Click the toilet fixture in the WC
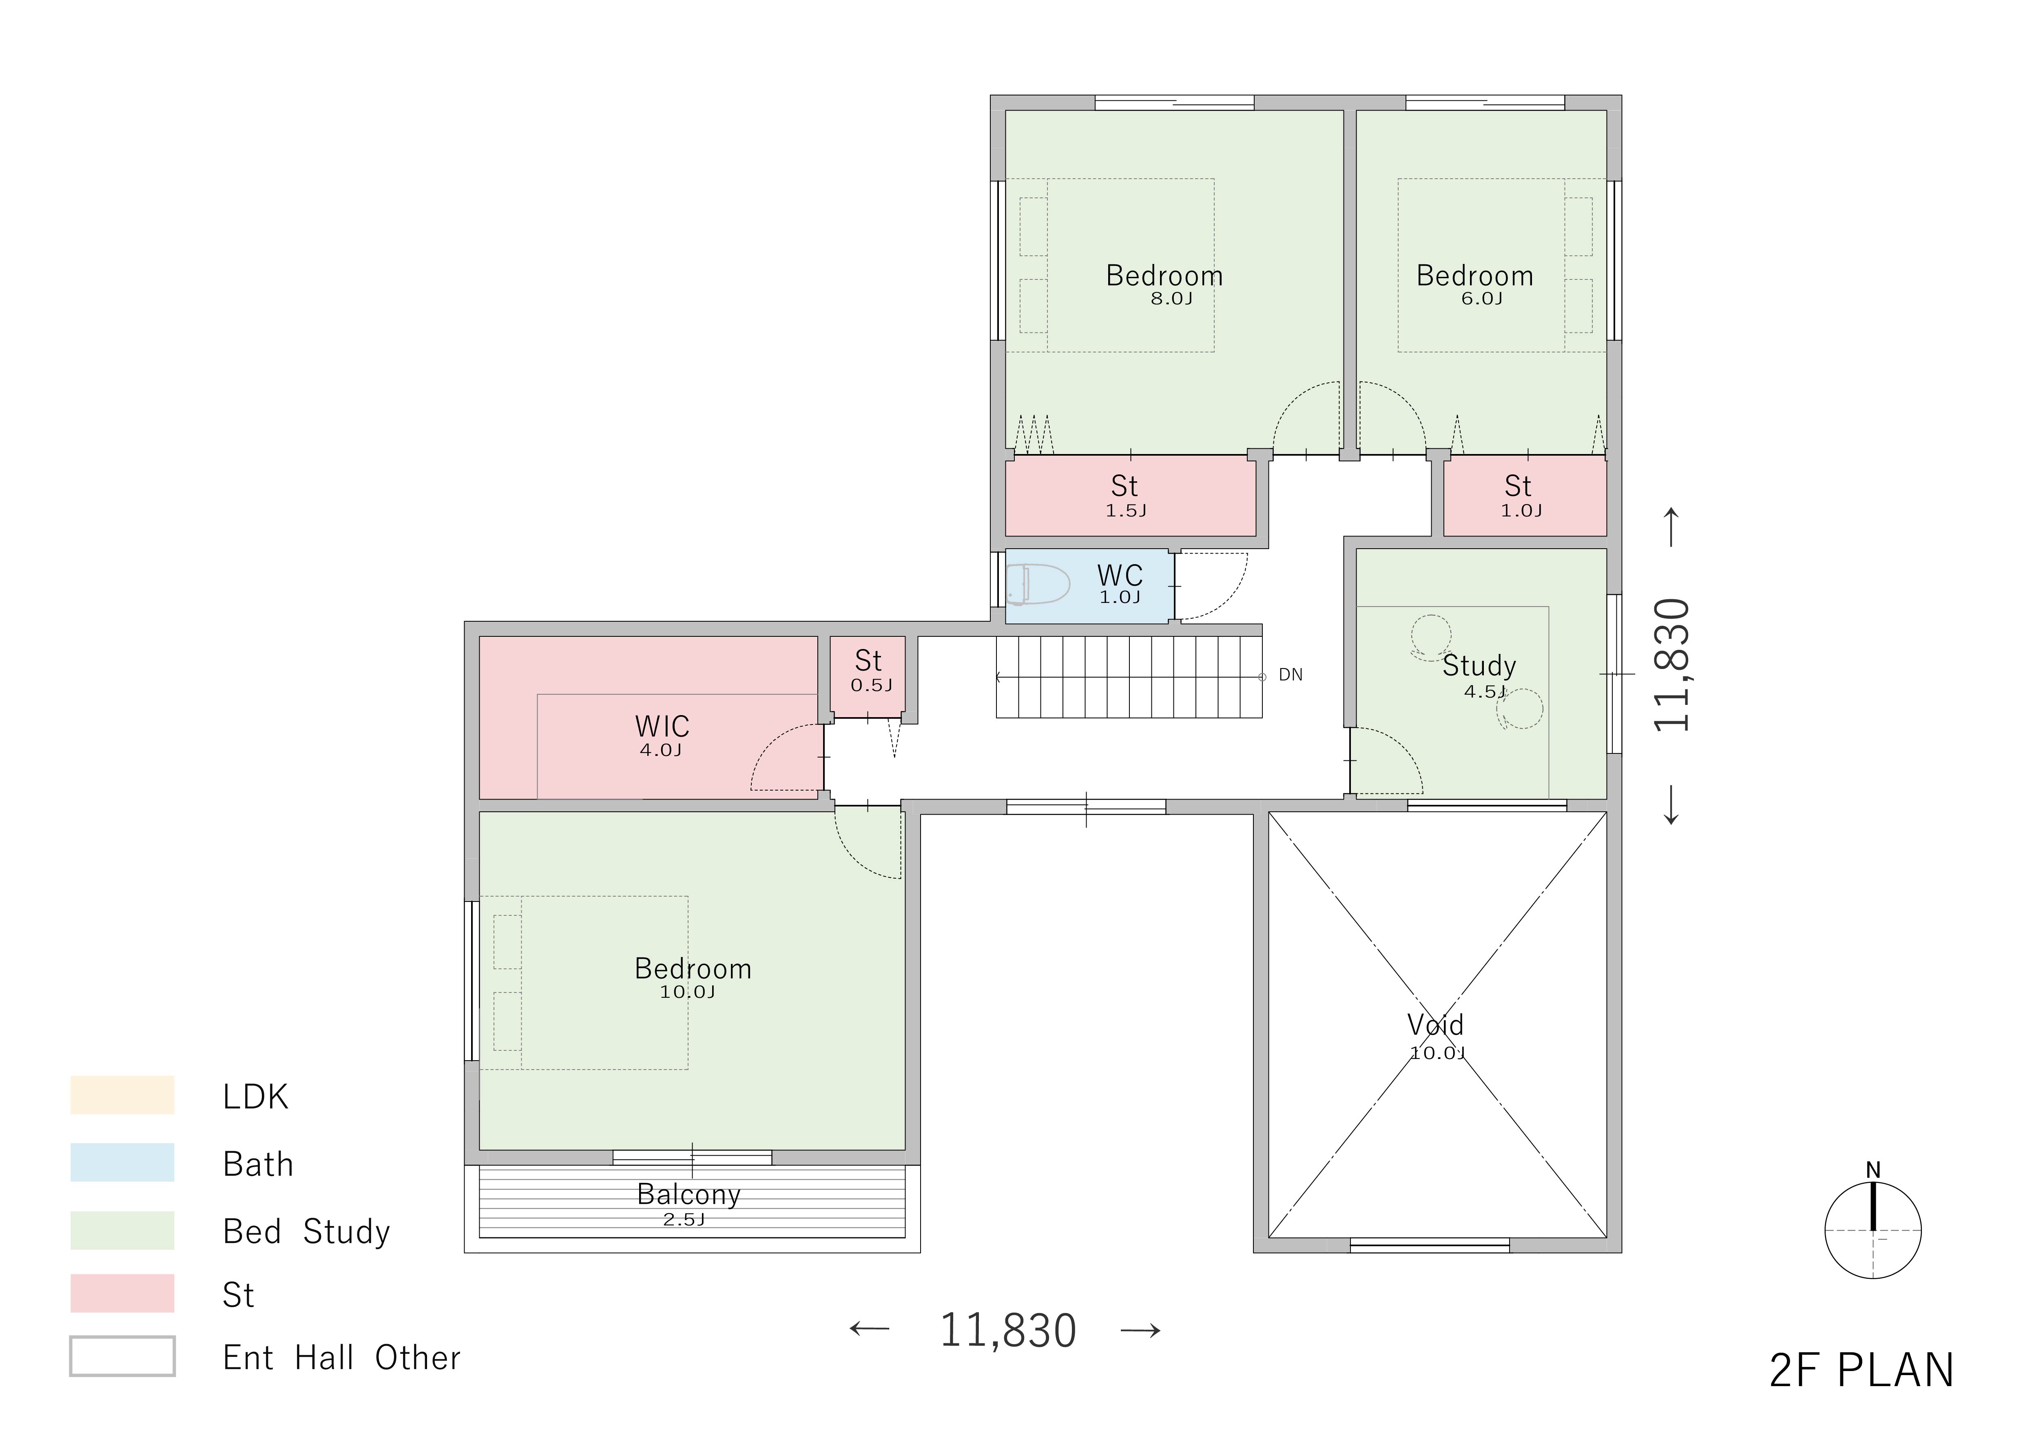click(x=1038, y=585)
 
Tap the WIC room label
click(x=662, y=726)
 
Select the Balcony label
click(x=689, y=1194)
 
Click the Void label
click(x=1436, y=1025)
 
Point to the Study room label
click(x=1479, y=666)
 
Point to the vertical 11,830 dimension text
click(x=1671, y=665)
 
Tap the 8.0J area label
click(x=1172, y=299)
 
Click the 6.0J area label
click(x=1482, y=299)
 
